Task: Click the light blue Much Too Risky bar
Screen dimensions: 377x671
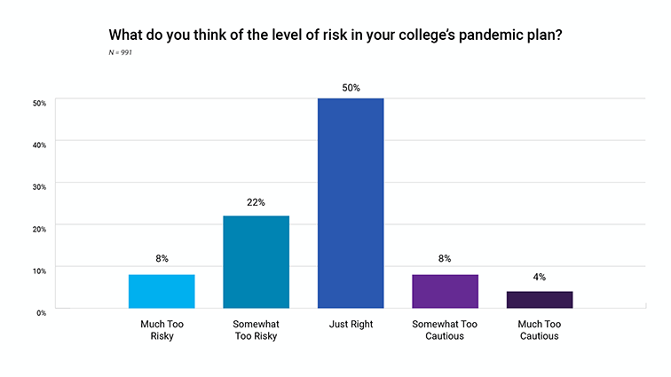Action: (162, 291)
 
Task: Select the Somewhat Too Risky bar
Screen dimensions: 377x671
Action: (256, 262)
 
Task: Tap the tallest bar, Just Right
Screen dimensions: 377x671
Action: (350, 203)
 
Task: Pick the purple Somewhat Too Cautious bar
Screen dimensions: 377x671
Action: (445, 291)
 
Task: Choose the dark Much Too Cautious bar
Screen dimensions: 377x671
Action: (539, 300)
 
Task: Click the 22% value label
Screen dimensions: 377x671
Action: (256, 202)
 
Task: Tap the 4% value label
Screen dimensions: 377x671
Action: (539, 278)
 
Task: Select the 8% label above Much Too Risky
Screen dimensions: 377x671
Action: (162, 259)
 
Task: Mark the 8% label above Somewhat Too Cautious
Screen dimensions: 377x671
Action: (445, 259)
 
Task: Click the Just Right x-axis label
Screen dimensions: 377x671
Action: (350, 325)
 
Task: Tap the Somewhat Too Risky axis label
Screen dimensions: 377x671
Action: (256, 330)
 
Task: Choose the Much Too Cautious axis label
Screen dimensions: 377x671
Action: (539, 330)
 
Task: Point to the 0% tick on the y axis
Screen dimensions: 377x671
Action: (40, 312)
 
